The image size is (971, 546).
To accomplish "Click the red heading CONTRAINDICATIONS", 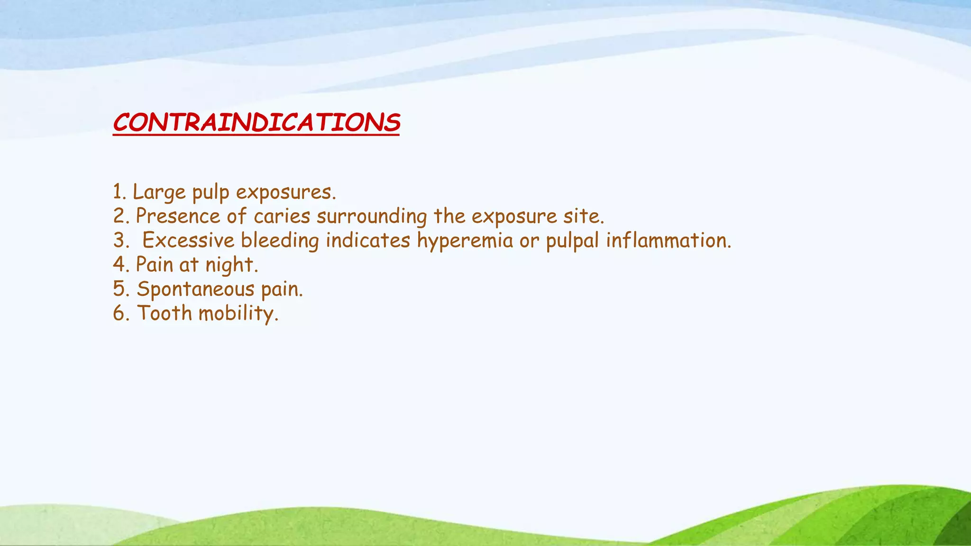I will (256, 123).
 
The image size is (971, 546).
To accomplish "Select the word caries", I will (282, 217).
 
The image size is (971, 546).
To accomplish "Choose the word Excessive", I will (188, 240).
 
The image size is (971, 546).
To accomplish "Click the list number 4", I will (119, 264).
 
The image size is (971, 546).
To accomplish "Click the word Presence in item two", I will (178, 217).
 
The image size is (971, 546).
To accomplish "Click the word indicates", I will (367, 240).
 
